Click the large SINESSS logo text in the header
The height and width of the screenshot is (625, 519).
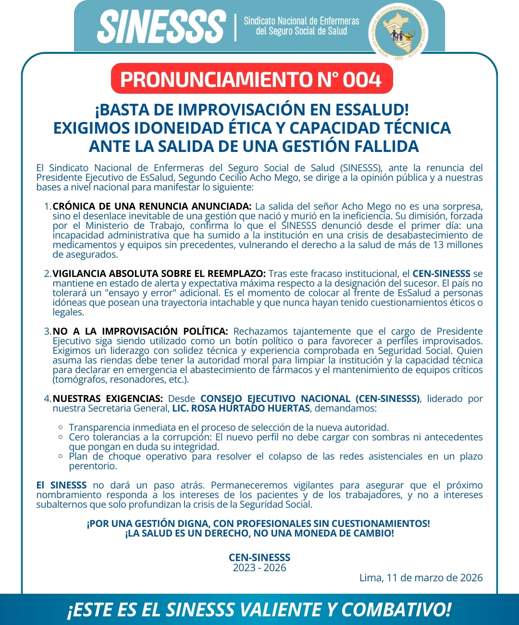click(161, 26)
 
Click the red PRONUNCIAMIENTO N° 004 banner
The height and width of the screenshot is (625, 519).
click(251, 79)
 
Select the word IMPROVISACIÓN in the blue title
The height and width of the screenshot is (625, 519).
click(242, 110)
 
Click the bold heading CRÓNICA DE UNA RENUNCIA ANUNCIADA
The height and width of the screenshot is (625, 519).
click(152, 206)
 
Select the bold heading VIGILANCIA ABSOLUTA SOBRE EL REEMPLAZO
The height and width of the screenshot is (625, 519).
click(159, 274)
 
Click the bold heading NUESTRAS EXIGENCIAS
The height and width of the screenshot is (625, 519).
click(108, 399)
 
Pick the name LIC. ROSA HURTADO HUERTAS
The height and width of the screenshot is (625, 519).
click(241, 408)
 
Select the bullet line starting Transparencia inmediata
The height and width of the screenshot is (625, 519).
click(229, 427)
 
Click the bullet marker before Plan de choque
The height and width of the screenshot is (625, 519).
click(61, 456)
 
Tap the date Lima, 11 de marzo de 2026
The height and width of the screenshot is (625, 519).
click(421, 577)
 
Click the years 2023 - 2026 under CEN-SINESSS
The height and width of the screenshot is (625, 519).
click(259, 568)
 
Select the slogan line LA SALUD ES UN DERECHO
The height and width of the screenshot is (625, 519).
click(259, 533)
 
